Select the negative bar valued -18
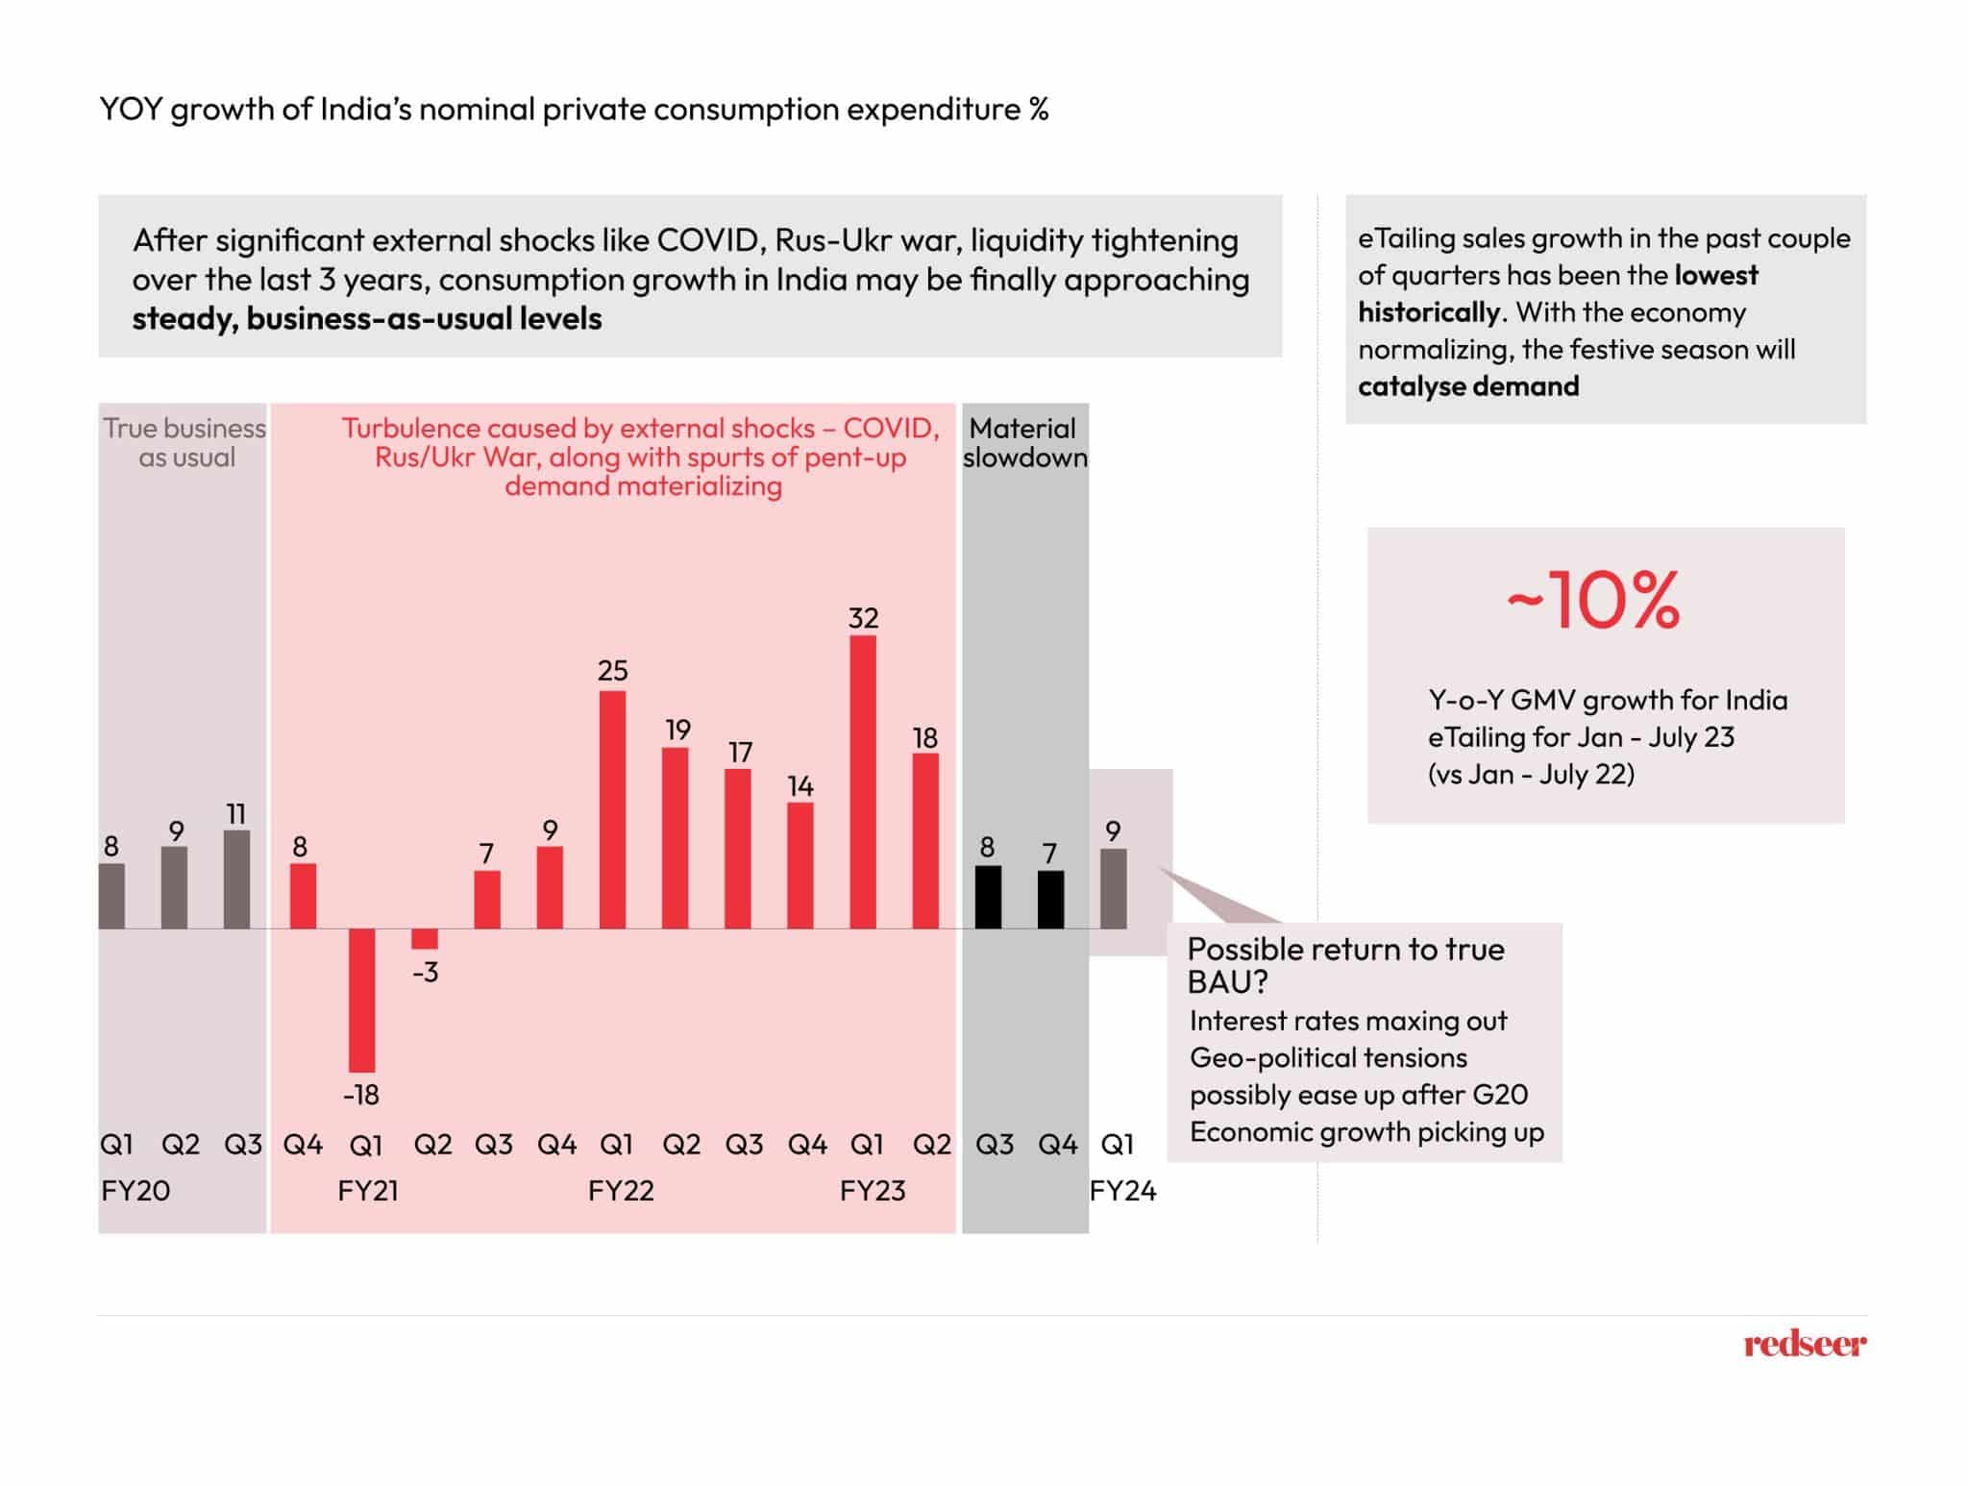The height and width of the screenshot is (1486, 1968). click(x=362, y=1000)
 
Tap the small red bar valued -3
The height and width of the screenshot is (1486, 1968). click(x=425, y=939)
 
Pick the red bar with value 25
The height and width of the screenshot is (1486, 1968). click(x=612, y=809)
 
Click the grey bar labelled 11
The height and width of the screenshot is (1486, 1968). click(x=236, y=879)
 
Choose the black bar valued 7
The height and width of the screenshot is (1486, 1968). click(x=1050, y=900)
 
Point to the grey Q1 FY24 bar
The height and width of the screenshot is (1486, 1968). click(x=1113, y=888)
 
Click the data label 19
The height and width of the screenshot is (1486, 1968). click(x=677, y=730)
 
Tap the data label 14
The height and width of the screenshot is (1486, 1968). click(x=800, y=786)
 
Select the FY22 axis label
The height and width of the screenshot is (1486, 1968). click(x=621, y=1191)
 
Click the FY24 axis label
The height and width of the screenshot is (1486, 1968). click(x=1122, y=1191)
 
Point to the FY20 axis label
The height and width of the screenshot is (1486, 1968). click(x=135, y=1191)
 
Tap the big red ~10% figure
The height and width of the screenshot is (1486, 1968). click(x=1593, y=601)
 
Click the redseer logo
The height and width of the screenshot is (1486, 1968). click(x=1805, y=1343)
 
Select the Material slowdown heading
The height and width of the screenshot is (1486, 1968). click(x=1024, y=443)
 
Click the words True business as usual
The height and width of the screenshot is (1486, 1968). click(x=184, y=443)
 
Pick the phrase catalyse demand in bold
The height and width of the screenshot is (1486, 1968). click(x=1468, y=386)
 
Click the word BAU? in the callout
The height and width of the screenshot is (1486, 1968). click(x=1227, y=982)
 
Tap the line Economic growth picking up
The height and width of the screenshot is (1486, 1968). click(x=1366, y=1131)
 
